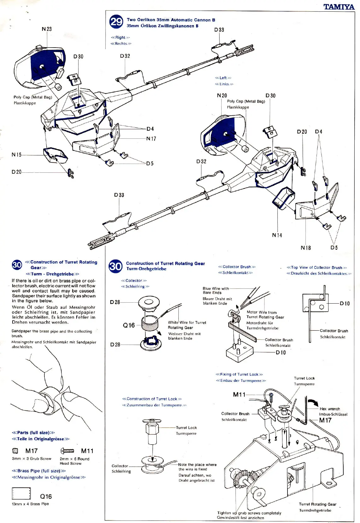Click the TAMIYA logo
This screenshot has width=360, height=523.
pyautogui.click(x=339, y=7)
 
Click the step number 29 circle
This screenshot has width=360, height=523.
pyautogui.click(x=116, y=22)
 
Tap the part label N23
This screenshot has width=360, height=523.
pyautogui.click(x=47, y=29)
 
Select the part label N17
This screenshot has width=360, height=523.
pyautogui.click(x=151, y=139)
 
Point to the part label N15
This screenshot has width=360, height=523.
pyautogui.click(x=17, y=155)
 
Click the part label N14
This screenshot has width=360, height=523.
pyautogui.click(x=277, y=235)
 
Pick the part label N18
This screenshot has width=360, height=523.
pyautogui.click(x=305, y=248)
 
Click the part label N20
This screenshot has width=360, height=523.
pyautogui.click(x=222, y=96)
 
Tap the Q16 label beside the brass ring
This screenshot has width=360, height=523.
pyautogui.click(x=129, y=325)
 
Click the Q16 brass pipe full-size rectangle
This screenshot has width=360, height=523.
pyautogui.click(x=21, y=493)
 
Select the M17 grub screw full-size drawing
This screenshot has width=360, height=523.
pyautogui.click(x=15, y=451)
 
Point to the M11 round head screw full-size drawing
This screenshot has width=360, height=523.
pyautogui.click(x=67, y=451)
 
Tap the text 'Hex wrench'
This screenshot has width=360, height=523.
pyautogui.click(x=329, y=409)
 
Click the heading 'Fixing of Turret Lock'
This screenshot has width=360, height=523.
pyautogui.click(x=239, y=375)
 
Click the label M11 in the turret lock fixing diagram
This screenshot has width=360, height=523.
pyautogui.click(x=239, y=394)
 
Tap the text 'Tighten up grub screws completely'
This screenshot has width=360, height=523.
pyautogui.click(x=249, y=513)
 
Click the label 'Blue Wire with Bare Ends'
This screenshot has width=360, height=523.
pyautogui.click(x=216, y=290)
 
